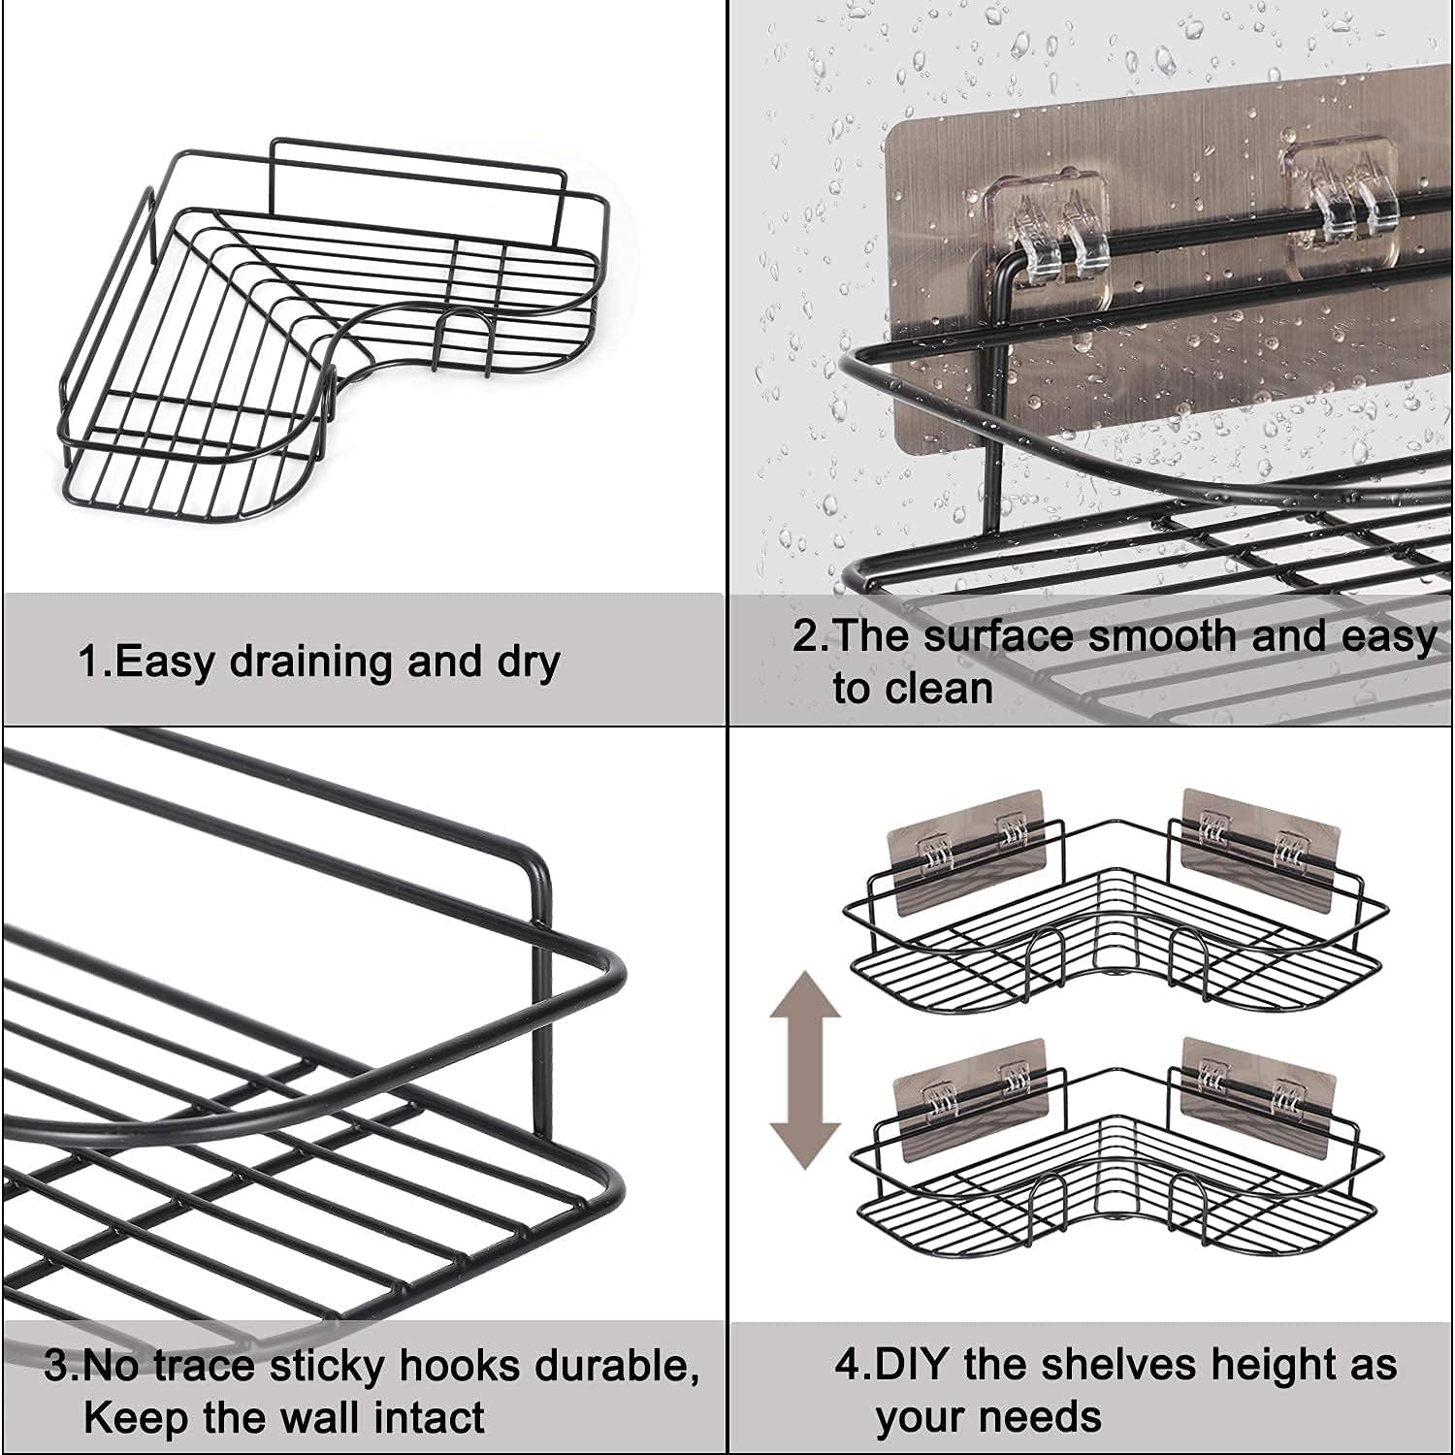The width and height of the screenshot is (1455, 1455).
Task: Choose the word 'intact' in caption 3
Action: [429, 1418]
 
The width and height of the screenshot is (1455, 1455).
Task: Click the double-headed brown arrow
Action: [804, 1071]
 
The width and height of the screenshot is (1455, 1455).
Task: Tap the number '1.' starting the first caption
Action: [96, 662]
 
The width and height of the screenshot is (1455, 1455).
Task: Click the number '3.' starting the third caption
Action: [62, 1367]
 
